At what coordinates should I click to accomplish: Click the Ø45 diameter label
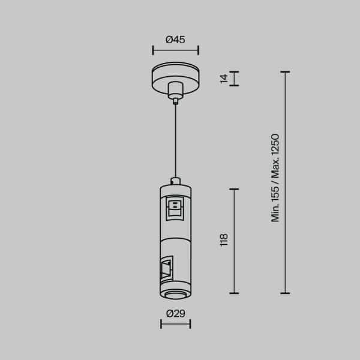pos(175,40)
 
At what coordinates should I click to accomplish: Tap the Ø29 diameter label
pos(175,312)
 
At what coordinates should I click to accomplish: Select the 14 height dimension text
pos(224,78)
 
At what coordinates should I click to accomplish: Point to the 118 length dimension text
pos(224,240)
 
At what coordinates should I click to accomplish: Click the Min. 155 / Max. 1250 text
pos(275,178)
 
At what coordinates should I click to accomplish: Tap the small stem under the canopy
pos(175,92)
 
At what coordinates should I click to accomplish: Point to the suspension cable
pos(175,138)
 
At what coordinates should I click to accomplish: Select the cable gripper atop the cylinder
pos(175,179)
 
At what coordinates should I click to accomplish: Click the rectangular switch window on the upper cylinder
pos(175,208)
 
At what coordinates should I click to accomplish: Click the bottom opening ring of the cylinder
pos(175,292)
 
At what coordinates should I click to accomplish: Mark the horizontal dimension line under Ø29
pos(175,325)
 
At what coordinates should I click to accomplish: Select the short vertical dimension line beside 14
pos(234,79)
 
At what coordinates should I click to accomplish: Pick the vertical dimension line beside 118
pos(234,240)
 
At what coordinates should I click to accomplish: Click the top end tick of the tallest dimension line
pos(286,72)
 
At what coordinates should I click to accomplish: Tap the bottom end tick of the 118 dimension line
pos(234,293)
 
